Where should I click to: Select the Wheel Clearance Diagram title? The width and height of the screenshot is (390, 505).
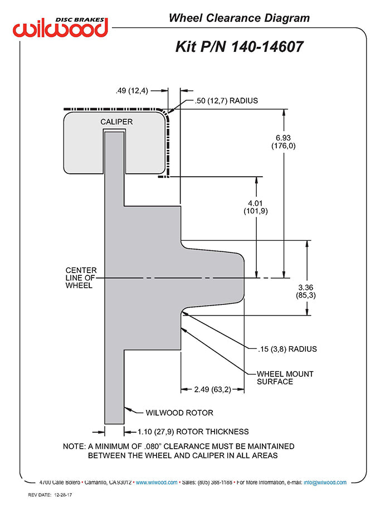click(239, 18)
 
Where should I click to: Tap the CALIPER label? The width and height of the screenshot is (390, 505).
click(116, 122)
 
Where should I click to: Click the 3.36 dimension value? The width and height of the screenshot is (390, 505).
click(306, 287)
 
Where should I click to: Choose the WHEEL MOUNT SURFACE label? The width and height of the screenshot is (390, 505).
click(285, 377)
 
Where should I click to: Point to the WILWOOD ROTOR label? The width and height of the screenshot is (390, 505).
click(179, 413)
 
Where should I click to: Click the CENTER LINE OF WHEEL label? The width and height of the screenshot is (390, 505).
click(81, 278)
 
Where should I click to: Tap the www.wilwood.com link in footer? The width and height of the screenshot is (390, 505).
click(157, 483)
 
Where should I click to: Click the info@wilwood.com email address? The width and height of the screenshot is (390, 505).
click(325, 483)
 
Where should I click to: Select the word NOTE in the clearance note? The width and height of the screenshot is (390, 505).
click(74, 446)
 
